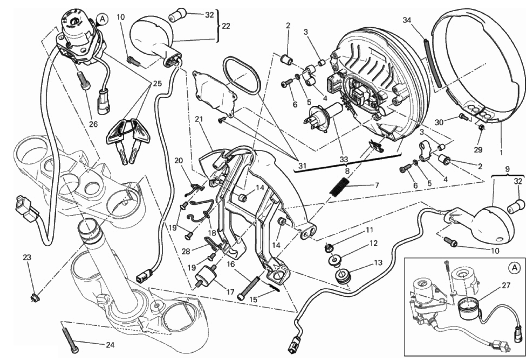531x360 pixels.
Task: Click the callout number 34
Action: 407,20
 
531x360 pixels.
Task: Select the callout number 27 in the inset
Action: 506,286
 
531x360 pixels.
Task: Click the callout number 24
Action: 110,345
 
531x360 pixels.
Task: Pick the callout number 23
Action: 27,258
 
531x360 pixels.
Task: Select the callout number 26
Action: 93,124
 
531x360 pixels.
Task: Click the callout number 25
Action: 157,84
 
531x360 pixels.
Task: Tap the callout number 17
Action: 230,292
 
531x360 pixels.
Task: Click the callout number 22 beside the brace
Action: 226,26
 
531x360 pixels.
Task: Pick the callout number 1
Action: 501,153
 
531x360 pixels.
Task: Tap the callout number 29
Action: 478,150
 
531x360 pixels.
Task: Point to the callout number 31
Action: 302,166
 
